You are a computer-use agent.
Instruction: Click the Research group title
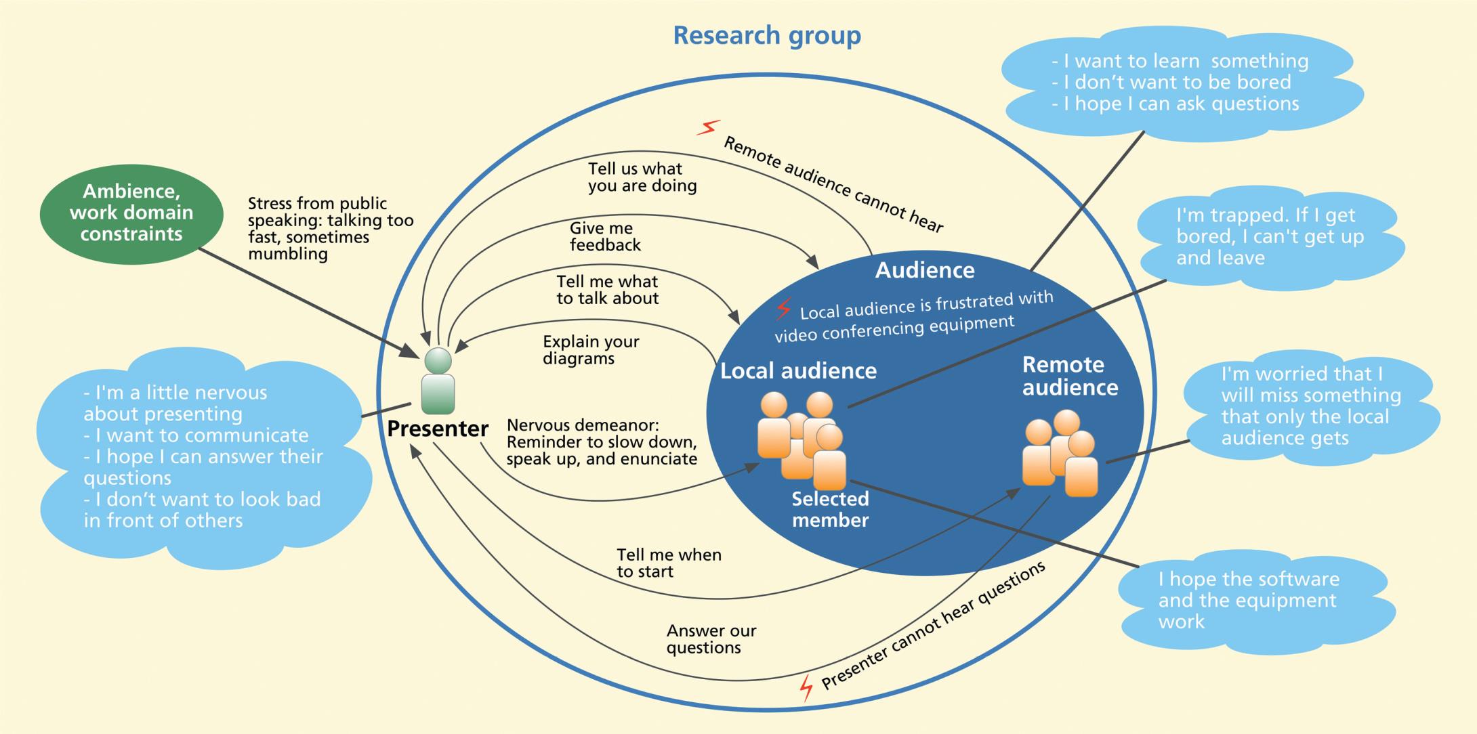[766, 35]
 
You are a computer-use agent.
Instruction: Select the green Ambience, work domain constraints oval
[131, 213]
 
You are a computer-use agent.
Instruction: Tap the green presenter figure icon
[438, 381]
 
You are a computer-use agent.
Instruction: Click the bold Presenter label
[438, 429]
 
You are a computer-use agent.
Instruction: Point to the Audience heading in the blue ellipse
[924, 270]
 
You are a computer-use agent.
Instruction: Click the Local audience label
[798, 371]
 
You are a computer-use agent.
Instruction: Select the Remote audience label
[1070, 376]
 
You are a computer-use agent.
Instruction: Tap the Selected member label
[830, 509]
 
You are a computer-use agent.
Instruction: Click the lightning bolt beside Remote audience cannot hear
[709, 127]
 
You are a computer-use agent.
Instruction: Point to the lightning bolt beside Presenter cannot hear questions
[806, 687]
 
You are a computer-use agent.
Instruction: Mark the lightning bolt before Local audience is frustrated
[783, 309]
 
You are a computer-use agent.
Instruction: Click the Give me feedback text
[604, 236]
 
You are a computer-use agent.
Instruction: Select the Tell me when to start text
[668, 563]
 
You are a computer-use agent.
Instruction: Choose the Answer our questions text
[711, 639]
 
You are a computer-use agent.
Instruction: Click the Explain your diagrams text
[590, 350]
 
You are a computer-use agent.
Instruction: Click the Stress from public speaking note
[330, 228]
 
